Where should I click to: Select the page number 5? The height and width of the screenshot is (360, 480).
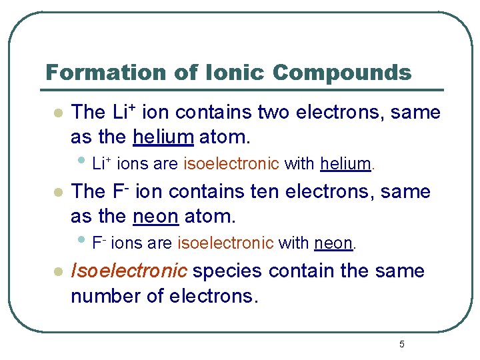401,344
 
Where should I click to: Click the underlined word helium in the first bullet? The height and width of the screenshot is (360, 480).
163,137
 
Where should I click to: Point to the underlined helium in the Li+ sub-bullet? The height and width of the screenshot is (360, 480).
345,163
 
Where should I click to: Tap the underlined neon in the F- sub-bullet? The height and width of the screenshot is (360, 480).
333,243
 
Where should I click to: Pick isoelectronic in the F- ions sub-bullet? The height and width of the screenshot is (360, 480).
225,243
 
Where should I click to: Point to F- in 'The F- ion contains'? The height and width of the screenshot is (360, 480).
119,191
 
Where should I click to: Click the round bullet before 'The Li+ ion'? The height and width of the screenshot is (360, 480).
58,113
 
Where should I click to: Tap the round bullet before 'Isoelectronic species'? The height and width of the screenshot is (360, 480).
58,272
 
